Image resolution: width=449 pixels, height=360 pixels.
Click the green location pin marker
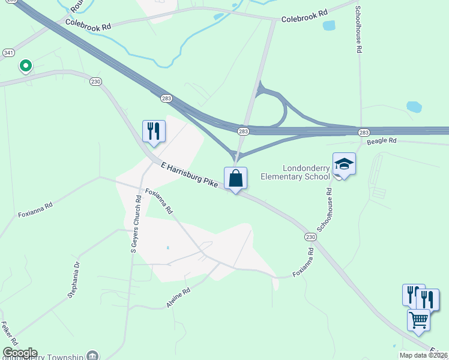[25, 65]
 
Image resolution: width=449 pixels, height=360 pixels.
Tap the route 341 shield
[8, 53]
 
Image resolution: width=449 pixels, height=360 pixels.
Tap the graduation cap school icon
[344, 164]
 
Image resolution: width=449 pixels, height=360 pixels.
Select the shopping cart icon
[418, 319]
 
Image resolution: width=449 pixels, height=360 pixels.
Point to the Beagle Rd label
[382, 140]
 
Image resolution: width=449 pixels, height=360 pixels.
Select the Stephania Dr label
[73, 280]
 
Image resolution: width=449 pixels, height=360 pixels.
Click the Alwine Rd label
[178, 298]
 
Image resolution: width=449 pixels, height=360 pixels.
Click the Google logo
[20, 353]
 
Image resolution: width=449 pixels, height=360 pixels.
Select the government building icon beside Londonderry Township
[92, 356]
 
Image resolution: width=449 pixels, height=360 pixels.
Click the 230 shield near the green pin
[95, 81]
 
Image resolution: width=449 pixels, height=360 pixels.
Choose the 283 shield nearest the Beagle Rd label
[364, 131]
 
